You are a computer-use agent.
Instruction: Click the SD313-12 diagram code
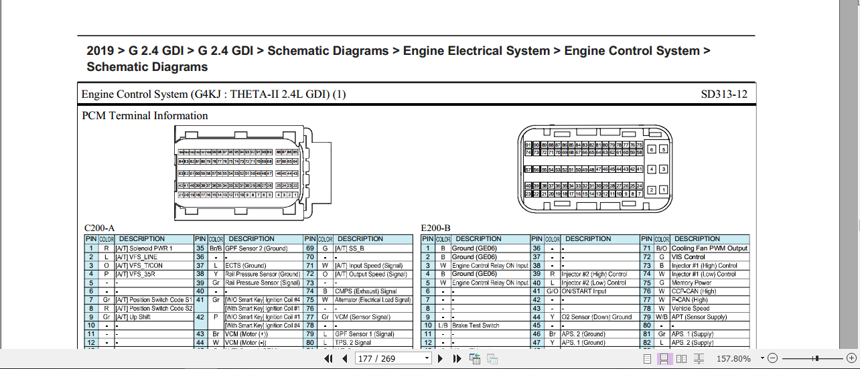(x=724, y=94)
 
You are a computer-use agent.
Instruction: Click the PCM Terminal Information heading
(x=145, y=116)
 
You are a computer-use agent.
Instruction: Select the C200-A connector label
(x=99, y=228)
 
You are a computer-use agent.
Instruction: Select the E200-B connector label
(x=435, y=228)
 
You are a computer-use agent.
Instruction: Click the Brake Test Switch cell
(x=476, y=325)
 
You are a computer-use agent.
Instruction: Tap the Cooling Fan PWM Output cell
(x=709, y=248)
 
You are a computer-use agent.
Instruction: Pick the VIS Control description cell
(x=689, y=257)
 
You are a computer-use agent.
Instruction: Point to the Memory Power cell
(x=692, y=283)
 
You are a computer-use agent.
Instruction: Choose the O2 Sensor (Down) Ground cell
(x=596, y=317)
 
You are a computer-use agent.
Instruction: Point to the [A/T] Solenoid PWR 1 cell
(x=144, y=248)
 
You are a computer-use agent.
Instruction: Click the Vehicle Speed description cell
(x=691, y=308)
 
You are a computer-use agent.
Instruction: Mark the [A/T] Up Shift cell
(x=133, y=317)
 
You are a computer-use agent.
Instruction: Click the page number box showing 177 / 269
(x=393, y=359)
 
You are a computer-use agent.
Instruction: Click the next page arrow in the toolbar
(x=440, y=359)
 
